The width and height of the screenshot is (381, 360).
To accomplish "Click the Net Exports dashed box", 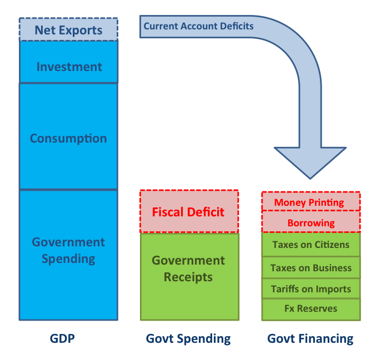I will (x=68, y=29).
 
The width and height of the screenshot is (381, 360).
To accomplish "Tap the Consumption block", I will (x=68, y=138).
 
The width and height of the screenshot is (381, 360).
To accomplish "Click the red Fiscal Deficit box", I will (x=189, y=212).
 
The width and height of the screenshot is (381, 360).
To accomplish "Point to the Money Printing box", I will (x=310, y=202).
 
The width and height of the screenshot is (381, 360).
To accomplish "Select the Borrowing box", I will (x=310, y=222).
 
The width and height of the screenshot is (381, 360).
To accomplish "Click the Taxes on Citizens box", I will (x=310, y=245).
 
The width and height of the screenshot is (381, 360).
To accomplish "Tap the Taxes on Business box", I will (x=310, y=268).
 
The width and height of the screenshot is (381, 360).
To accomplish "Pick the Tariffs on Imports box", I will (x=310, y=289).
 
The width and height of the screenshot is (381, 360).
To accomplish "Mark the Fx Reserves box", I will (x=310, y=309).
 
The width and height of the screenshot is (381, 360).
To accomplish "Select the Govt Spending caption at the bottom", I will (x=188, y=338).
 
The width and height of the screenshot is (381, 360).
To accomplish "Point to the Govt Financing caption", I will (x=310, y=338).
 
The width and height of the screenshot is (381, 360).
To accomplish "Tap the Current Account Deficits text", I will (x=198, y=26).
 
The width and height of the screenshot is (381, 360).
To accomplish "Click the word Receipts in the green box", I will (x=188, y=277).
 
